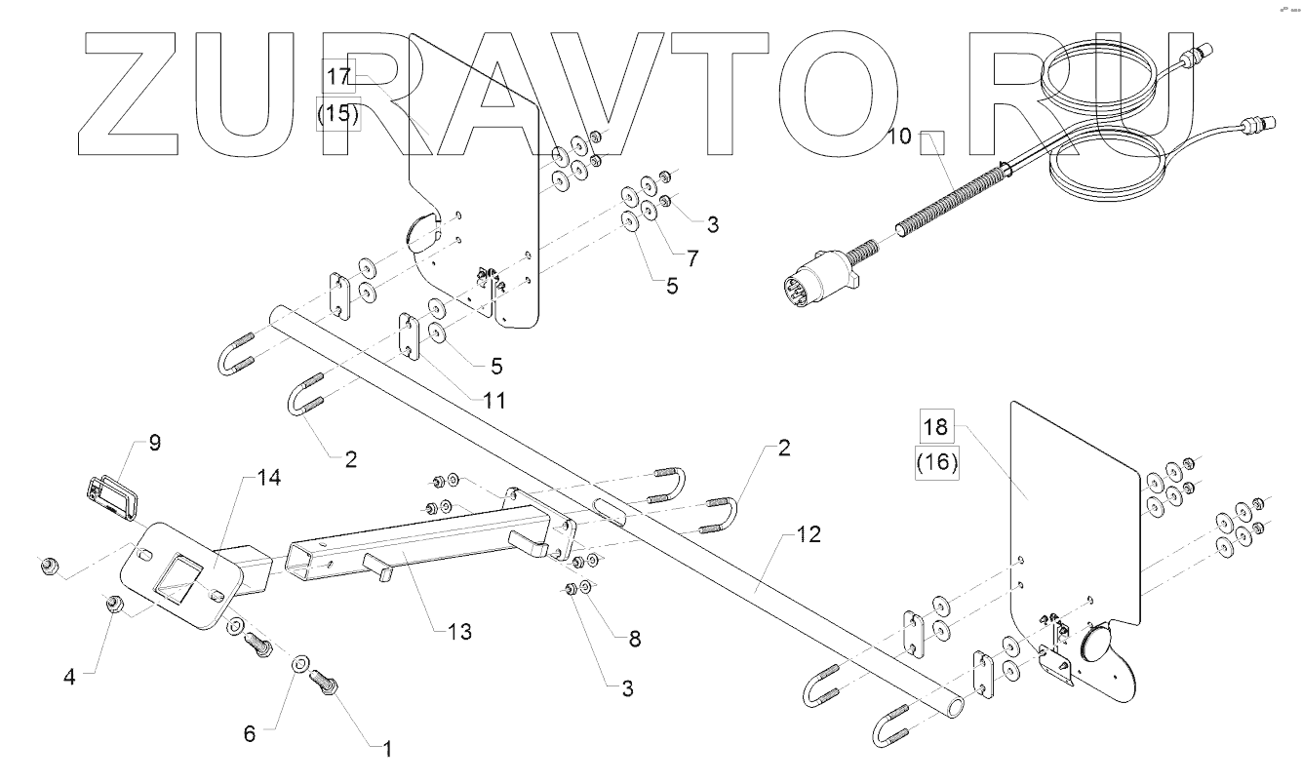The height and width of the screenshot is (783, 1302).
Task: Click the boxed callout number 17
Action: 338,76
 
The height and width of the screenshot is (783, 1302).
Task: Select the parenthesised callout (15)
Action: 337,113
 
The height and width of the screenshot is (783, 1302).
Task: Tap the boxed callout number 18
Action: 936,427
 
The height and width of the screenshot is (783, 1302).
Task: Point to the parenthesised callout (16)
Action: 937,463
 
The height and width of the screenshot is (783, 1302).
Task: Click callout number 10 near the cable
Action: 900,137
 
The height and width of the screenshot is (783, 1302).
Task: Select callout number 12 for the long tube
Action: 809,534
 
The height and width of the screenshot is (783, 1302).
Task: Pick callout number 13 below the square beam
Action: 459,632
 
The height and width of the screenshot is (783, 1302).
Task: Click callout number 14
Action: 269,478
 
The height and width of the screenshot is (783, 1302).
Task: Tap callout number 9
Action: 155,443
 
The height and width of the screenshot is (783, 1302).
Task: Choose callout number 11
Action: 494,401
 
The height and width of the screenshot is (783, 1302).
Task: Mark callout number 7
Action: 692,258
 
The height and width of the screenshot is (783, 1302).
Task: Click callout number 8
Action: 635,639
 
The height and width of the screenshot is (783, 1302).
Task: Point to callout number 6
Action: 250,734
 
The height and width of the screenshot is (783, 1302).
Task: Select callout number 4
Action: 69,677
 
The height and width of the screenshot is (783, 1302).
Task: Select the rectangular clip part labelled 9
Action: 112,498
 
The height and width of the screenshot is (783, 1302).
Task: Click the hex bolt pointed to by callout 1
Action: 324,682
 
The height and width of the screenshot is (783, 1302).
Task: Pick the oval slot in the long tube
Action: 610,511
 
